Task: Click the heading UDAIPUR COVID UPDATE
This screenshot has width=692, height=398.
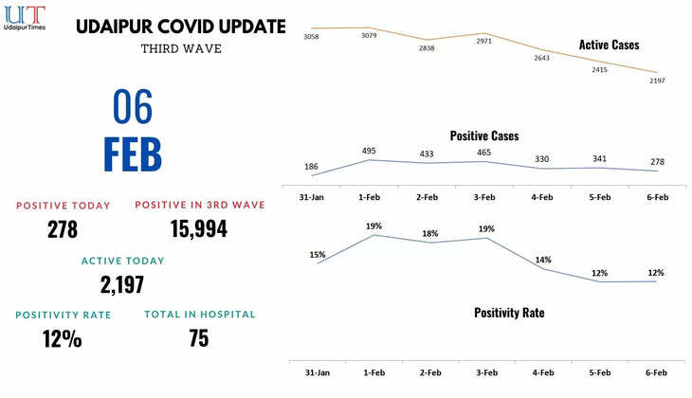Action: point(180,27)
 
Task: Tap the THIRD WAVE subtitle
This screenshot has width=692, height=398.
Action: point(180,48)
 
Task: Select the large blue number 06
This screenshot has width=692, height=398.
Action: point(133,108)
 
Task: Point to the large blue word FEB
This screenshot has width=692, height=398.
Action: point(133,155)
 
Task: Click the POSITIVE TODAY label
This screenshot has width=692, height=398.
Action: point(64,206)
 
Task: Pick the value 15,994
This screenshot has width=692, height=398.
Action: point(199,228)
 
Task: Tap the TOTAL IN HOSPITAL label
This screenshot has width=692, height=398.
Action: point(199,315)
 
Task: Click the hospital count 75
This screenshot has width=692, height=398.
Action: point(199,338)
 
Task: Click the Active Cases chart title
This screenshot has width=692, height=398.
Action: point(609,45)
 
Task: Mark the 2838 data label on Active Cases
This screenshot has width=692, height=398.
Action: point(427,47)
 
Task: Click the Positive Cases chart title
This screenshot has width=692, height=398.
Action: point(483,136)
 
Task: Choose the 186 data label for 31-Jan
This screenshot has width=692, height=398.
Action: point(312,166)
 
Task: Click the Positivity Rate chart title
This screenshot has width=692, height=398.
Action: point(509,312)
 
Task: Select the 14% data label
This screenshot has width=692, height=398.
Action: point(543,260)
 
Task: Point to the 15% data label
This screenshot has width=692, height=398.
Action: point(317,254)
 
